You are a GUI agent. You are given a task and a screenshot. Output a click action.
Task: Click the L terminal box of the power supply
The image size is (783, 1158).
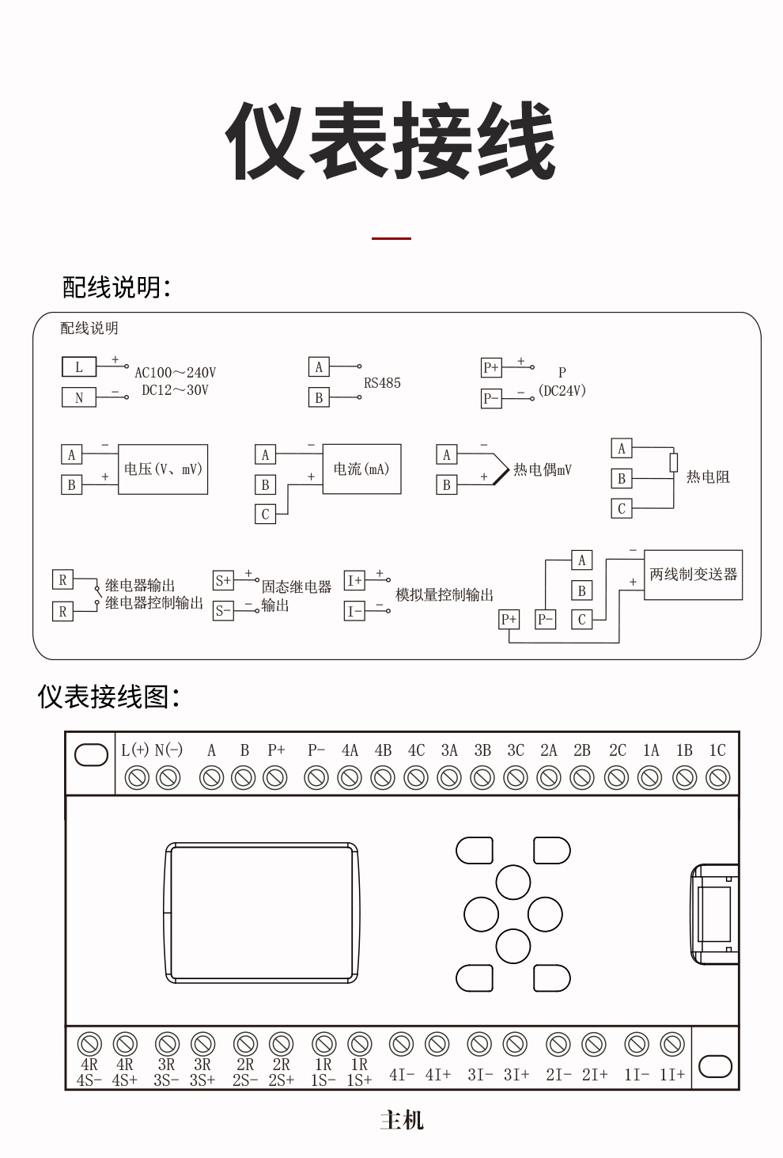tap(78, 366)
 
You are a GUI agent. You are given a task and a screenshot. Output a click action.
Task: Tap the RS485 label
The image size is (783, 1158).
tap(382, 383)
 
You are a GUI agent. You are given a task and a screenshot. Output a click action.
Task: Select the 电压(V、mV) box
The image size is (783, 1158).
tap(163, 469)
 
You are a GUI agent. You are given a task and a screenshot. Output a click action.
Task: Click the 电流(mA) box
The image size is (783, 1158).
tap(361, 469)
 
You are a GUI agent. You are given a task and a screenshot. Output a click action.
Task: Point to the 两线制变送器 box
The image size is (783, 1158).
tap(693, 575)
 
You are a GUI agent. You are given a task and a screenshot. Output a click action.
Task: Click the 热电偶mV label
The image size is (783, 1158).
tap(542, 470)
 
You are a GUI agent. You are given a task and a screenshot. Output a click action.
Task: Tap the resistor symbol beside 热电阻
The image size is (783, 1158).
tap(674, 462)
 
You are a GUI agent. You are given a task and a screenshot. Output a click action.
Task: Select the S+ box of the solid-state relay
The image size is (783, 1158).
tap(223, 580)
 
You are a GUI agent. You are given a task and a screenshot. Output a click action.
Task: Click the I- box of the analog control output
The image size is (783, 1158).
tap(354, 611)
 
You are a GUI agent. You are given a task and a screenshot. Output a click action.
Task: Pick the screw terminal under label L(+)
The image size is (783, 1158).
tap(138, 778)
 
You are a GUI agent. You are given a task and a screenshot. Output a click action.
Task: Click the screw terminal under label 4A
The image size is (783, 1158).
tap(350, 778)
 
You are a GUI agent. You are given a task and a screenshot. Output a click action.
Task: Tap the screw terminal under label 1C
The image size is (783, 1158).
tap(717, 778)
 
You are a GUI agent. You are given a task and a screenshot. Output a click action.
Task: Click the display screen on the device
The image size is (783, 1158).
tap(261, 913)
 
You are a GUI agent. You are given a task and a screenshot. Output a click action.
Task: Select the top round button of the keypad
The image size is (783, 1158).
tap(513, 883)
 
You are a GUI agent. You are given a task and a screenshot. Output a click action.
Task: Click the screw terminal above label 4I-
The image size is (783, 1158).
tap(401, 1045)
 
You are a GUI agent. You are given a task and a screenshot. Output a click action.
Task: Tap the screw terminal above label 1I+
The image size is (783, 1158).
tap(672, 1045)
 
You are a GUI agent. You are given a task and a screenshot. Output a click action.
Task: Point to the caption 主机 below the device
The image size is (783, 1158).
tap(402, 1120)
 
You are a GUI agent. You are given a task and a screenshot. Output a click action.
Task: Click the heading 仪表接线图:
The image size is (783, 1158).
tap(109, 697)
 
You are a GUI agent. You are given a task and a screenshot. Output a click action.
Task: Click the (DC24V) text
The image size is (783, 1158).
tap(562, 390)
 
